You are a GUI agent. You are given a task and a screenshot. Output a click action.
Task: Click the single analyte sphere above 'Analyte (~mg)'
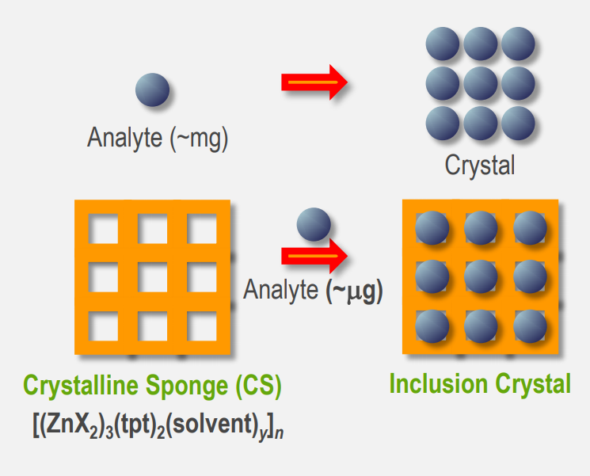tap(152, 89)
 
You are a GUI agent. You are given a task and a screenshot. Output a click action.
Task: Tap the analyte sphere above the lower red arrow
tap(313, 224)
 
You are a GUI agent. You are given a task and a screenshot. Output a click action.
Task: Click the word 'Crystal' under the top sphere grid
tap(480, 166)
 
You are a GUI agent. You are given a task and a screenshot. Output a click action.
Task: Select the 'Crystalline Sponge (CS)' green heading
tap(152, 386)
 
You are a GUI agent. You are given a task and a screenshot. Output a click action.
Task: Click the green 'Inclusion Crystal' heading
tap(480, 384)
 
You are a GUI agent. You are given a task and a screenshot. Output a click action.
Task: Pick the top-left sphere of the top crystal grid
tap(442, 44)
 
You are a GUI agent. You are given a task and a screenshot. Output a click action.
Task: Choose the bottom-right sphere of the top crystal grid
tap(518, 122)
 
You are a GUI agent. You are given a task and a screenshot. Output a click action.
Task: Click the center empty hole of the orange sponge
tap(152, 277)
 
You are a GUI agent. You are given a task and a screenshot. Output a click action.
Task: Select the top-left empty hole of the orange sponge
tap(103, 229)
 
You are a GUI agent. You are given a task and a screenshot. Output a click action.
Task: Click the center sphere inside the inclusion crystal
tap(481, 276)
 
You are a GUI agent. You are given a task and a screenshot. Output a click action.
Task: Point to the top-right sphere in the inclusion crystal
tap(529, 228)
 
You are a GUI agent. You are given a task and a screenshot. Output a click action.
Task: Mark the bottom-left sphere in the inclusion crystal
tap(432, 325)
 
